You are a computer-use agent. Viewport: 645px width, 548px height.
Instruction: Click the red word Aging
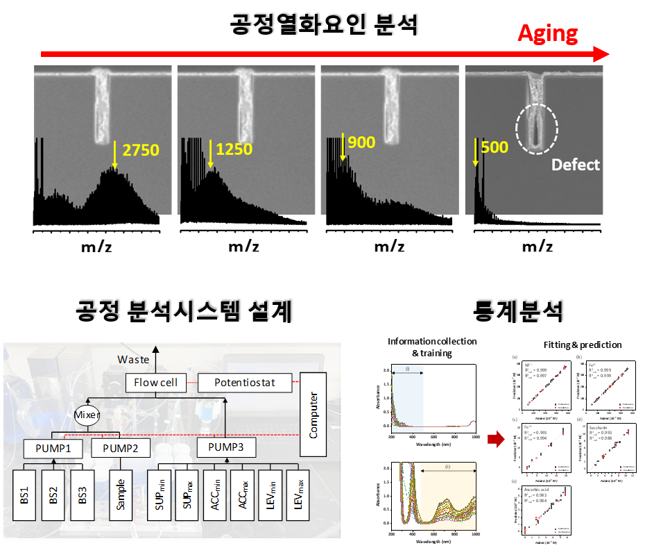548,33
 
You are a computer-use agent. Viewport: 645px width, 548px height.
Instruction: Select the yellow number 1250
234,149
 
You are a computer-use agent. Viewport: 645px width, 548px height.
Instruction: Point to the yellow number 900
361,143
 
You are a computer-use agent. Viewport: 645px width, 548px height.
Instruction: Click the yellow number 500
495,147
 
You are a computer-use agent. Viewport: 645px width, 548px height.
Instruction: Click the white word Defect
576,165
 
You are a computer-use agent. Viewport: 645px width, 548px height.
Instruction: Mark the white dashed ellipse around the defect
537,129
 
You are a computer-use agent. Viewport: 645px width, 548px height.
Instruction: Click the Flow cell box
156,382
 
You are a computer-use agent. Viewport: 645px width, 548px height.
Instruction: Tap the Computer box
313,415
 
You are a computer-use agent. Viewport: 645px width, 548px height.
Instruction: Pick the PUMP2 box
121,448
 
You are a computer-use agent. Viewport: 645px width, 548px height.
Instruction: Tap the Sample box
121,494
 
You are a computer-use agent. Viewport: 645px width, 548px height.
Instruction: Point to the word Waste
133,359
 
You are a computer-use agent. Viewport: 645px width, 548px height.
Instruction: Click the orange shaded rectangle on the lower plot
447,497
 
